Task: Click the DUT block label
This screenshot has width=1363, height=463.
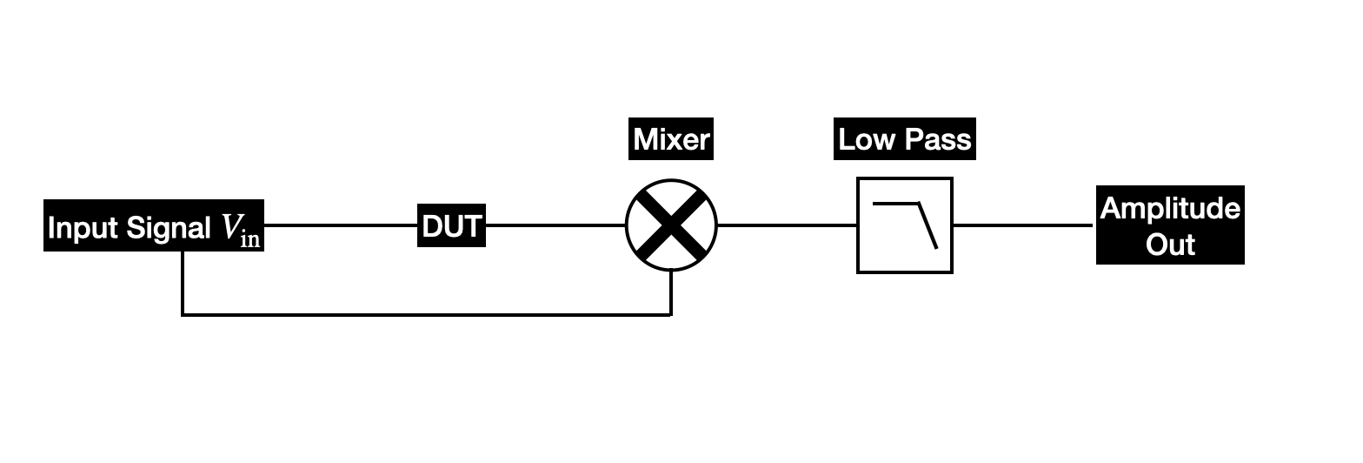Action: coord(451,226)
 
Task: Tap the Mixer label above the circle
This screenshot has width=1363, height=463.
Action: coord(671,139)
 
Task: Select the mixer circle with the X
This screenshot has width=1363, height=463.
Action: coord(671,225)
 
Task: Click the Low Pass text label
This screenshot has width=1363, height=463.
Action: coord(904,139)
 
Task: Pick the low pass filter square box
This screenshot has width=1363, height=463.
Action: coord(905,225)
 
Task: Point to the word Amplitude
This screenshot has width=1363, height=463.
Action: coord(1170,209)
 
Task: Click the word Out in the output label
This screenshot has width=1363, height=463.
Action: coord(1170,244)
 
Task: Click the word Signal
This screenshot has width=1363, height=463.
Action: coord(169,228)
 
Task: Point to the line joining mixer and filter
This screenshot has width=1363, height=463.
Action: coord(787,225)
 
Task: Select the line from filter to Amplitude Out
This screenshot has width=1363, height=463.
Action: coord(1023,225)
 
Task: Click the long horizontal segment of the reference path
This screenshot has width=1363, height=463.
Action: coord(426,314)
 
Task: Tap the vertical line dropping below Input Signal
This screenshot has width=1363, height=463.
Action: coord(183,283)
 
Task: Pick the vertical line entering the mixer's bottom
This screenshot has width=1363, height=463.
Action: coord(671,293)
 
